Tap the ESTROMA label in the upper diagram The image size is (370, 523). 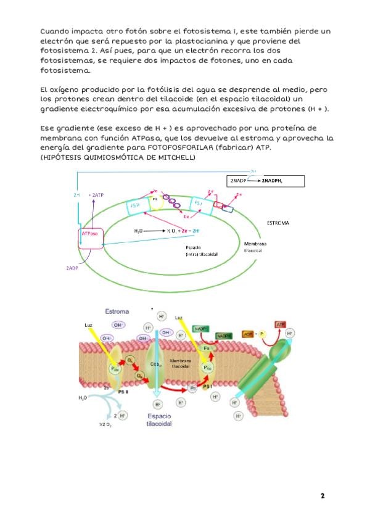[278, 222]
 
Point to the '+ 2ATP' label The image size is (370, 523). [96, 194]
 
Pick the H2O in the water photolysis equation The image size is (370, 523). [140, 231]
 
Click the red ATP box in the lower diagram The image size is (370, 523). [281, 324]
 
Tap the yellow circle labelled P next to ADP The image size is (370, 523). [263, 334]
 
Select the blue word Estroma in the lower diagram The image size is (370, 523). [118, 311]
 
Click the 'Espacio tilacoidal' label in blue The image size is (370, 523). [158, 421]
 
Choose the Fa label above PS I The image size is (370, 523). [207, 349]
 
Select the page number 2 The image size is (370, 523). [322, 496]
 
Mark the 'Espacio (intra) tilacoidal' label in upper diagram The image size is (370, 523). [202, 250]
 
